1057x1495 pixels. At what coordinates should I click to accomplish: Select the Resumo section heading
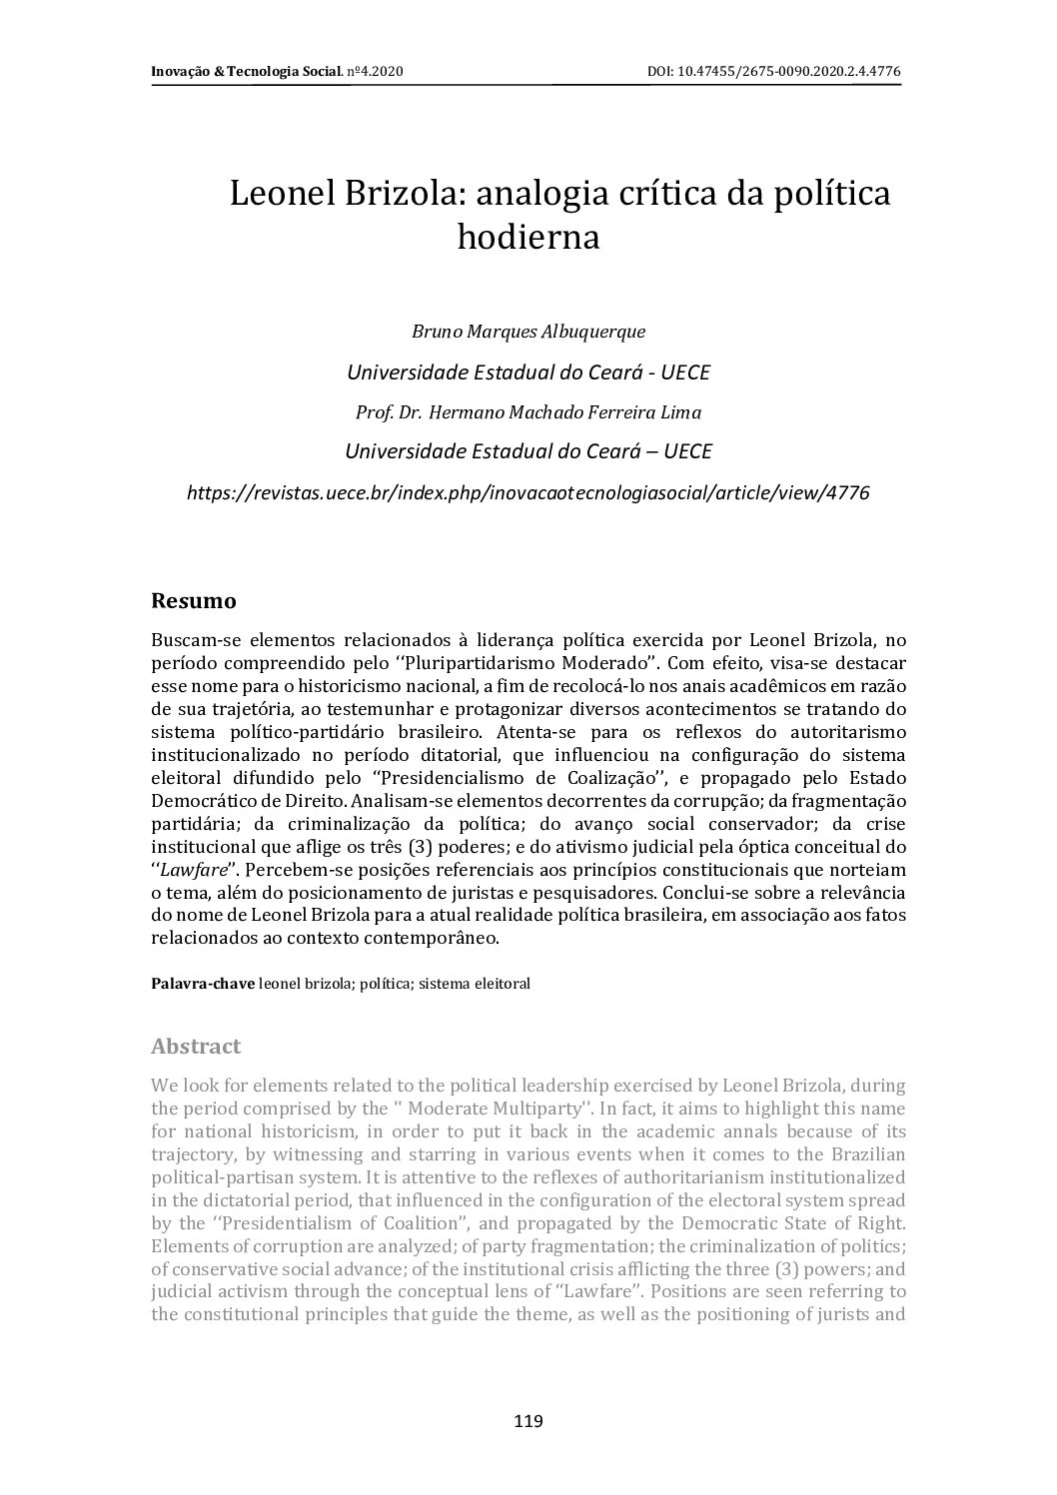coord(193,601)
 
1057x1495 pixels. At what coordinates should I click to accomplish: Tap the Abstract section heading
coord(196,1047)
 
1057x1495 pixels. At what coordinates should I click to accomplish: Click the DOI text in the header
coord(775,72)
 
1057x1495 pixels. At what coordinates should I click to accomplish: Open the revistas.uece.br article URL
coord(528,492)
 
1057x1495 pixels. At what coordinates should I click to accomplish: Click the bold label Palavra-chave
coord(202,984)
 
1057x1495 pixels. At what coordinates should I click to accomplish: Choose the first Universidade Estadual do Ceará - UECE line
coord(528,372)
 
